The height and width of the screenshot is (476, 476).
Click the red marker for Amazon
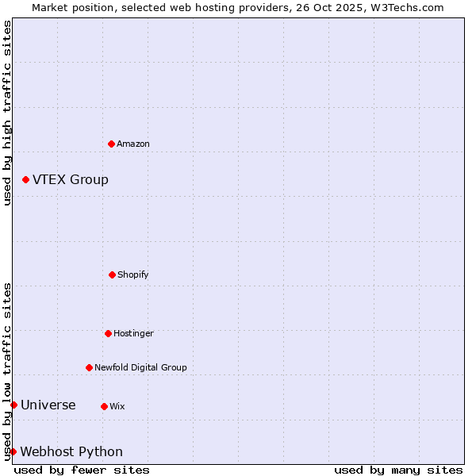click(x=111, y=144)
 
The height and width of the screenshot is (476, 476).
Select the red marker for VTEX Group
click(x=25, y=179)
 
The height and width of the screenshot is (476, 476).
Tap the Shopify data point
click(x=112, y=274)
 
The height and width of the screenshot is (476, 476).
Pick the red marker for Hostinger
click(x=108, y=333)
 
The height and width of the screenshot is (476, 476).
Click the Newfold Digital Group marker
click(x=89, y=367)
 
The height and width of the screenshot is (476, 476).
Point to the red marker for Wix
click(x=104, y=406)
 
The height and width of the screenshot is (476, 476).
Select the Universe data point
click(x=13, y=405)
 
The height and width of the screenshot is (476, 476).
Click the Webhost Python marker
click(x=13, y=451)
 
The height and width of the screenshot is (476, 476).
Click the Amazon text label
click(x=133, y=144)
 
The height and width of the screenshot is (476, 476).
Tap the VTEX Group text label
click(x=71, y=179)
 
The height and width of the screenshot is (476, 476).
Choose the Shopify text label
click(x=133, y=274)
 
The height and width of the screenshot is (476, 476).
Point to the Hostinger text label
click(x=133, y=333)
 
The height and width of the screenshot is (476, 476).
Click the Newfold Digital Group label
click(x=140, y=367)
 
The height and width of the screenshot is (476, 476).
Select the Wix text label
click(x=117, y=406)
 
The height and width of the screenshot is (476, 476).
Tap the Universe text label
click(x=48, y=405)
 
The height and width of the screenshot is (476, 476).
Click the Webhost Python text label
click(x=71, y=451)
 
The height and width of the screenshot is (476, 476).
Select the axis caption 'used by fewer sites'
click(x=82, y=470)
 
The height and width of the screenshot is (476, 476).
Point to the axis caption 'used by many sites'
click(x=398, y=470)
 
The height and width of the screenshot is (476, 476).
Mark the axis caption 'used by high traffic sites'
click(x=7, y=113)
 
